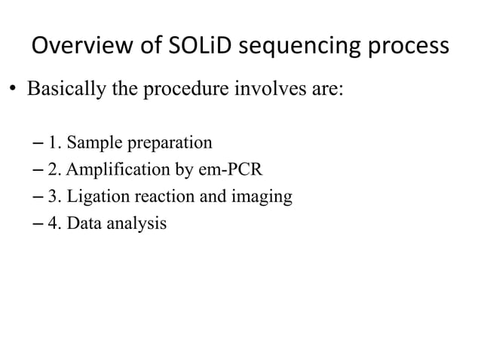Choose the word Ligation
pos(92,197)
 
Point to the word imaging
pos(265,197)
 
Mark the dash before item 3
pos(38,197)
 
